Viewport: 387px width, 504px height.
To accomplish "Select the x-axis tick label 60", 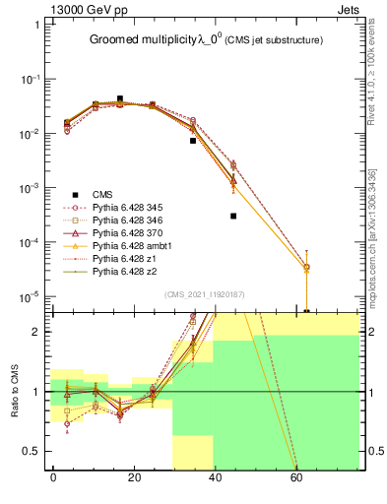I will [294, 478].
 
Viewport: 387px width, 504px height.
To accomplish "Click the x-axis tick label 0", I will [53, 478].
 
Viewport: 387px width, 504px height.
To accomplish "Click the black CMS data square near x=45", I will [233, 216].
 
